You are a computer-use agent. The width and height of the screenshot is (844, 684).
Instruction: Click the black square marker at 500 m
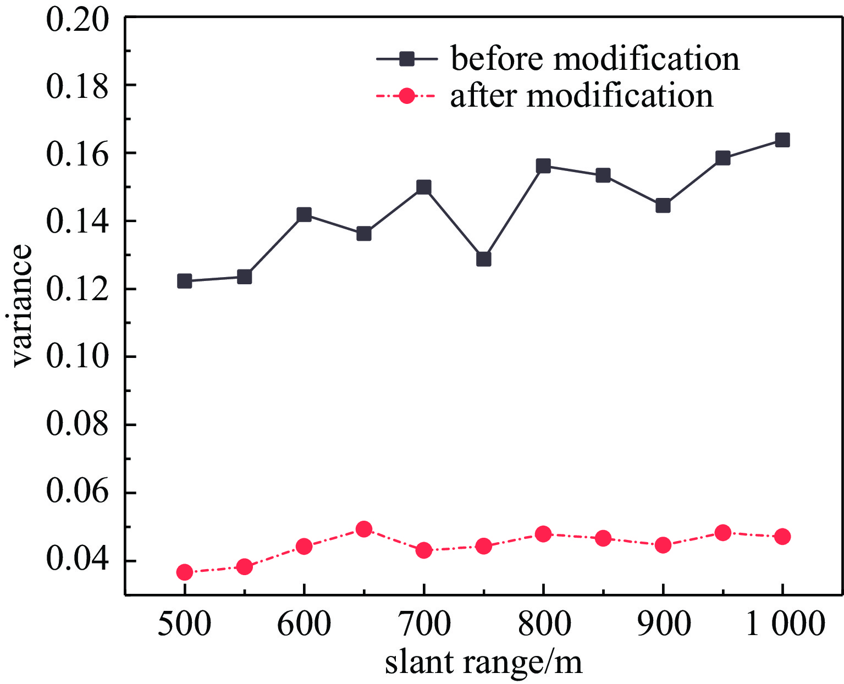click(x=185, y=281)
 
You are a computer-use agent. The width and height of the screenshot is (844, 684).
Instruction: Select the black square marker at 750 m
click(x=483, y=259)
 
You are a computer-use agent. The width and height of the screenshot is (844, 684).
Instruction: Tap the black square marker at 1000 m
click(x=782, y=140)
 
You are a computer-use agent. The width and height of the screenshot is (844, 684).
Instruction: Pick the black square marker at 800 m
click(x=543, y=166)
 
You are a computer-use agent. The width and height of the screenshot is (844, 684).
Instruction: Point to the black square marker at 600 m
click(x=304, y=214)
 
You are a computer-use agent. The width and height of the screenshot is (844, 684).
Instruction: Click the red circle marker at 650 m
click(x=363, y=529)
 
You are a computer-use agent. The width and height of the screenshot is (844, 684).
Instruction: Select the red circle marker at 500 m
click(x=185, y=572)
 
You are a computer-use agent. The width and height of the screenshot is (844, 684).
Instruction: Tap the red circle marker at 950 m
click(x=722, y=533)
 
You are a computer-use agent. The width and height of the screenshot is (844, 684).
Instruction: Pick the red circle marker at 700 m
click(x=423, y=550)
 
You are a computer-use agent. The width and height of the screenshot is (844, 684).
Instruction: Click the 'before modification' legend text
click(x=595, y=58)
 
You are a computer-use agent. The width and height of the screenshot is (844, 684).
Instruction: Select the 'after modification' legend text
click(x=582, y=96)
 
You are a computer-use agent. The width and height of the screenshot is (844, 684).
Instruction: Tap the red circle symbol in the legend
click(x=406, y=96)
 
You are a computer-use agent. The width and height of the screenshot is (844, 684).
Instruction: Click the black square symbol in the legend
click(x=406, y=59)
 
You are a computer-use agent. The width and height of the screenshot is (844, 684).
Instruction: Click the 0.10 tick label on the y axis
click(x=78, y=357)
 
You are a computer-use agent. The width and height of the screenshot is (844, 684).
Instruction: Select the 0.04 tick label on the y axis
click(x=78, y=560)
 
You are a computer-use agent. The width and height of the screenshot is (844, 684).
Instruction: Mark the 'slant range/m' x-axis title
click(x=483, y=662)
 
